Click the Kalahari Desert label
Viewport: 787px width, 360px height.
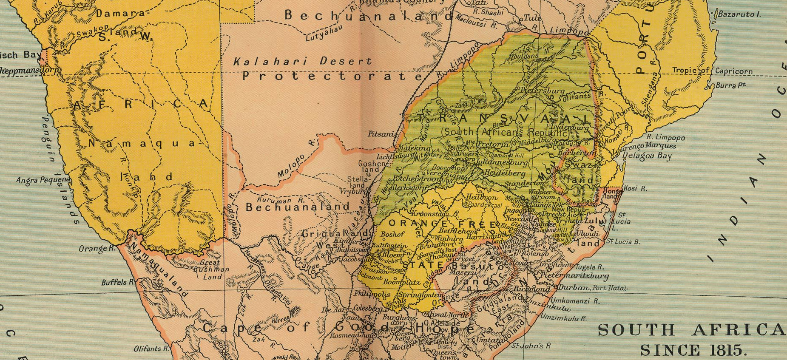tap(302, 62)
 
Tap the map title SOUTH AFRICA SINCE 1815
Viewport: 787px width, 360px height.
tap(692, 340)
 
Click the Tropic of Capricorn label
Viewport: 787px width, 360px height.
tap(712, 71)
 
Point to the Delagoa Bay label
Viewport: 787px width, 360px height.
tap(647, 156)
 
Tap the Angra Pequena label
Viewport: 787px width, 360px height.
tap(43, 180)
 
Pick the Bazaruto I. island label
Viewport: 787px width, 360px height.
tap(739, 14)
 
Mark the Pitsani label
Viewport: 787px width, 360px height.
tap(381, 134)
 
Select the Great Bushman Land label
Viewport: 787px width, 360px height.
tap(211, 269)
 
